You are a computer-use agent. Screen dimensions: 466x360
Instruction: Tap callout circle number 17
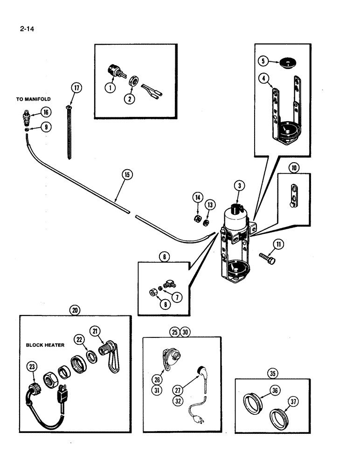click(76, 88)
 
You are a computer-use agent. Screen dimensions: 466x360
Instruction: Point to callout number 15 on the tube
click(127, 175)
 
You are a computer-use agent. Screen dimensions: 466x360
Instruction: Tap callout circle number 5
click(263, 61)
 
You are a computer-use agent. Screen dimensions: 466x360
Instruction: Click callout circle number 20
click(75, 309)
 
